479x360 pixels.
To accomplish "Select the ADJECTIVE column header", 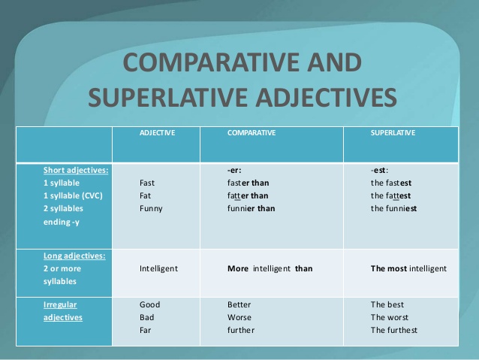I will (x=158, y=132).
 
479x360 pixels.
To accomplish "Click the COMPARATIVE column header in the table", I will (x=252, y=132).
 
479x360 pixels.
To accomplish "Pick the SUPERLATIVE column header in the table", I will (x=393, y=132).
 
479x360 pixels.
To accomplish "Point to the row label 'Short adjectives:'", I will (x=76, y=170).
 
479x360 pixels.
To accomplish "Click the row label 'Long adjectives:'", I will (x=74, y=256).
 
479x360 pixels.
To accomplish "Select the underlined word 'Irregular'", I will (x=60, y=304).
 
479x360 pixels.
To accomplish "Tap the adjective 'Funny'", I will (x=151, y=208).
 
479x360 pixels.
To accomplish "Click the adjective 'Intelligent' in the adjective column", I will (x=159, y=268).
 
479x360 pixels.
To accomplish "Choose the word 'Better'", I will (x=239, y=304).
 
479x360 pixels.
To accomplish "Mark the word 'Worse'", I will (x=239, y=317).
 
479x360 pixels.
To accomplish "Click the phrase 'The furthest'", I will (x=394, y=330).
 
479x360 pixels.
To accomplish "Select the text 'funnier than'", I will (x=252, y=208).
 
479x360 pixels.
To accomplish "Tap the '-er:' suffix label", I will (x=234, y=170).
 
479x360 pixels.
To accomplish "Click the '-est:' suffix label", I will (x=379, y=170).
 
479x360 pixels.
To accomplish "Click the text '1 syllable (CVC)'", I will (x=73, y=195).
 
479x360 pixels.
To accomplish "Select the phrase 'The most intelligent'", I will (x=408, y=268).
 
